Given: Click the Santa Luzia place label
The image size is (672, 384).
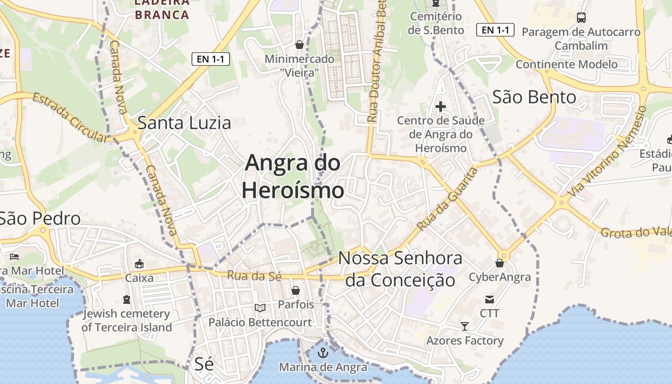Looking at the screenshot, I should pyautogui.click(x=184, y=123).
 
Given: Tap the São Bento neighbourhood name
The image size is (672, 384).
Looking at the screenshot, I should pyautogui.click(x=534, y=97).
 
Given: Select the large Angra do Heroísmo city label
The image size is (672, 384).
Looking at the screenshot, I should pyautogui.click(x=293, y=177).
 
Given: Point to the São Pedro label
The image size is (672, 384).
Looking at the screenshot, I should pyautogui.click(x=40, y=219).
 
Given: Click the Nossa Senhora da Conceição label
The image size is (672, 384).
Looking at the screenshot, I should pyautogui.click(x=400, y=269).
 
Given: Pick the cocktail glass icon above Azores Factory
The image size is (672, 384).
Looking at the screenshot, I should pyautogui.click(x=465, y=326).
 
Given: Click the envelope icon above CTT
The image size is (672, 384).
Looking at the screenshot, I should pyautogui.click(x=490, y=300).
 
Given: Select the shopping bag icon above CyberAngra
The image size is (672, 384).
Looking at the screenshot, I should pyautogui.click(x=500, y=263).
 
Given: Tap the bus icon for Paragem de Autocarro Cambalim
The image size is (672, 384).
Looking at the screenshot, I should pyautogui.click(x=581, y=18).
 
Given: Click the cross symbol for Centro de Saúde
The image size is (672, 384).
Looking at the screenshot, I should pyautogui.click(x=440, y=107).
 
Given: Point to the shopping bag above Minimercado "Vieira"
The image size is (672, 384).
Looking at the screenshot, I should pyautogui.click(x=300, y=45).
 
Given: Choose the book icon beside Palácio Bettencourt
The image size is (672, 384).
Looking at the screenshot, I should pyautogui.click(x=260, y=308).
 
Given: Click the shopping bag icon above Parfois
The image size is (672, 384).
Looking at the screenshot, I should pyautogui.click(x=296, y=290).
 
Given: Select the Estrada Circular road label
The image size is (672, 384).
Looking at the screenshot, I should pyautogui.click(x=70, y=118).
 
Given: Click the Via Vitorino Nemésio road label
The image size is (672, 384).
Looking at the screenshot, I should pyautogui.click(x=607, y=152).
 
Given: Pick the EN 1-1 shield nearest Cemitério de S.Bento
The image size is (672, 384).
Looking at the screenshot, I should pyautogui.click(x=495, y=30).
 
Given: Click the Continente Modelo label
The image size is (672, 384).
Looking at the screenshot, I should pyautogui.click(x=566, y=64).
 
